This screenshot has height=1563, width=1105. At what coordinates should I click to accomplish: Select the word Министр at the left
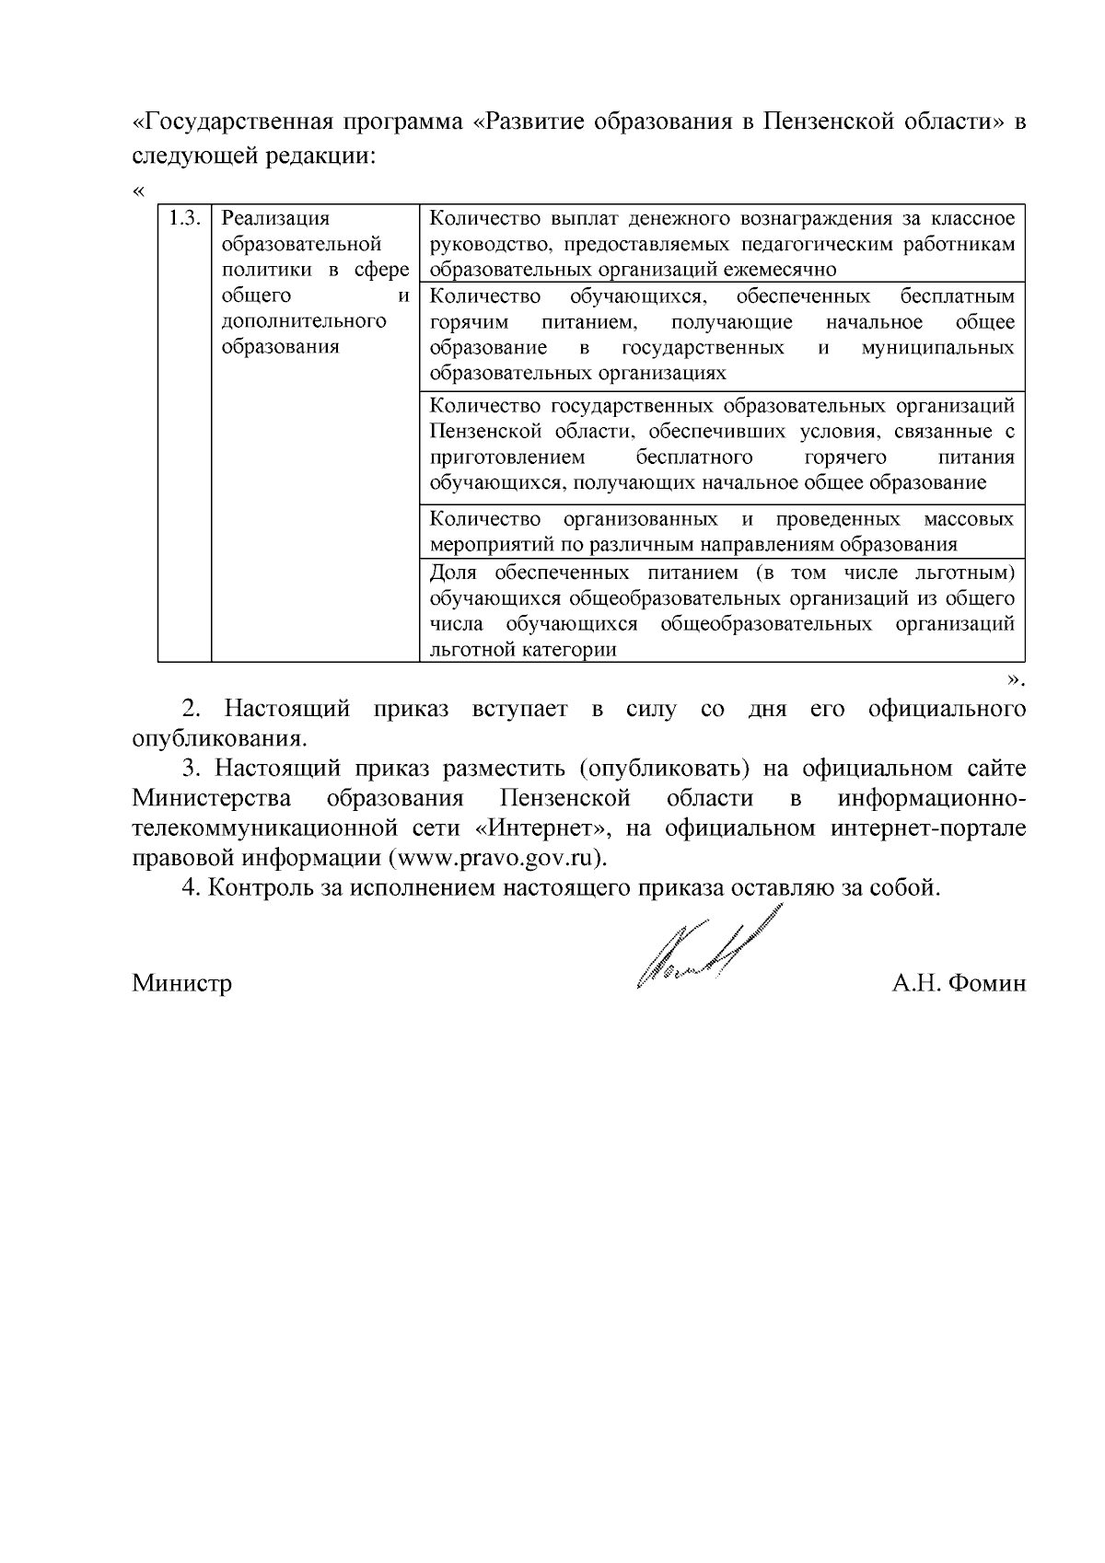[181, 984]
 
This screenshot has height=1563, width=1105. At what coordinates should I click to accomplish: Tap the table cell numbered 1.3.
[184, 219]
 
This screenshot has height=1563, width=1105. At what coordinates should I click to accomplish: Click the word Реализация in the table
[275, 219]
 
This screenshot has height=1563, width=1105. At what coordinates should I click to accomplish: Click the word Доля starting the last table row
[452, 573]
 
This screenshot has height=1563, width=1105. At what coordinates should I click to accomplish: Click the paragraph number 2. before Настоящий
[191, 710]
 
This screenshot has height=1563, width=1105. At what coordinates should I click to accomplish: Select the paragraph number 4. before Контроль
[191, 888]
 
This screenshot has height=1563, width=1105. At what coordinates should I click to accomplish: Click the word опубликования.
[220, 739]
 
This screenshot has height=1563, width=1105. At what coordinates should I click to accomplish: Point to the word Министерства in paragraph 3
[212, 798]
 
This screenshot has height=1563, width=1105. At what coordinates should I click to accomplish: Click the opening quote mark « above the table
[138, 191]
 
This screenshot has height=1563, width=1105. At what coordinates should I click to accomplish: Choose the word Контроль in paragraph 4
[257, 888]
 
